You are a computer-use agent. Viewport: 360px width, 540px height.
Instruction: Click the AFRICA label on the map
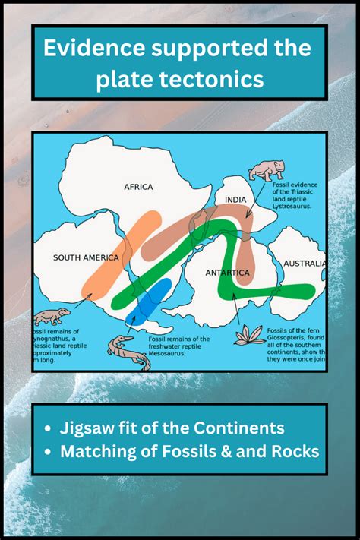[x=138, y=187]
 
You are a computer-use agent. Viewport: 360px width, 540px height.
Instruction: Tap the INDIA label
[x=237, y=200]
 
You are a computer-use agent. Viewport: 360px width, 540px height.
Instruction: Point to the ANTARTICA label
[x=228, y=272]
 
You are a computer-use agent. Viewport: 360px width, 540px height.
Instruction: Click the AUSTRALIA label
[x=305, y=264]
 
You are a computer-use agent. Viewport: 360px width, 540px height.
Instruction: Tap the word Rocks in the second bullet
[x=295, y=450]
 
